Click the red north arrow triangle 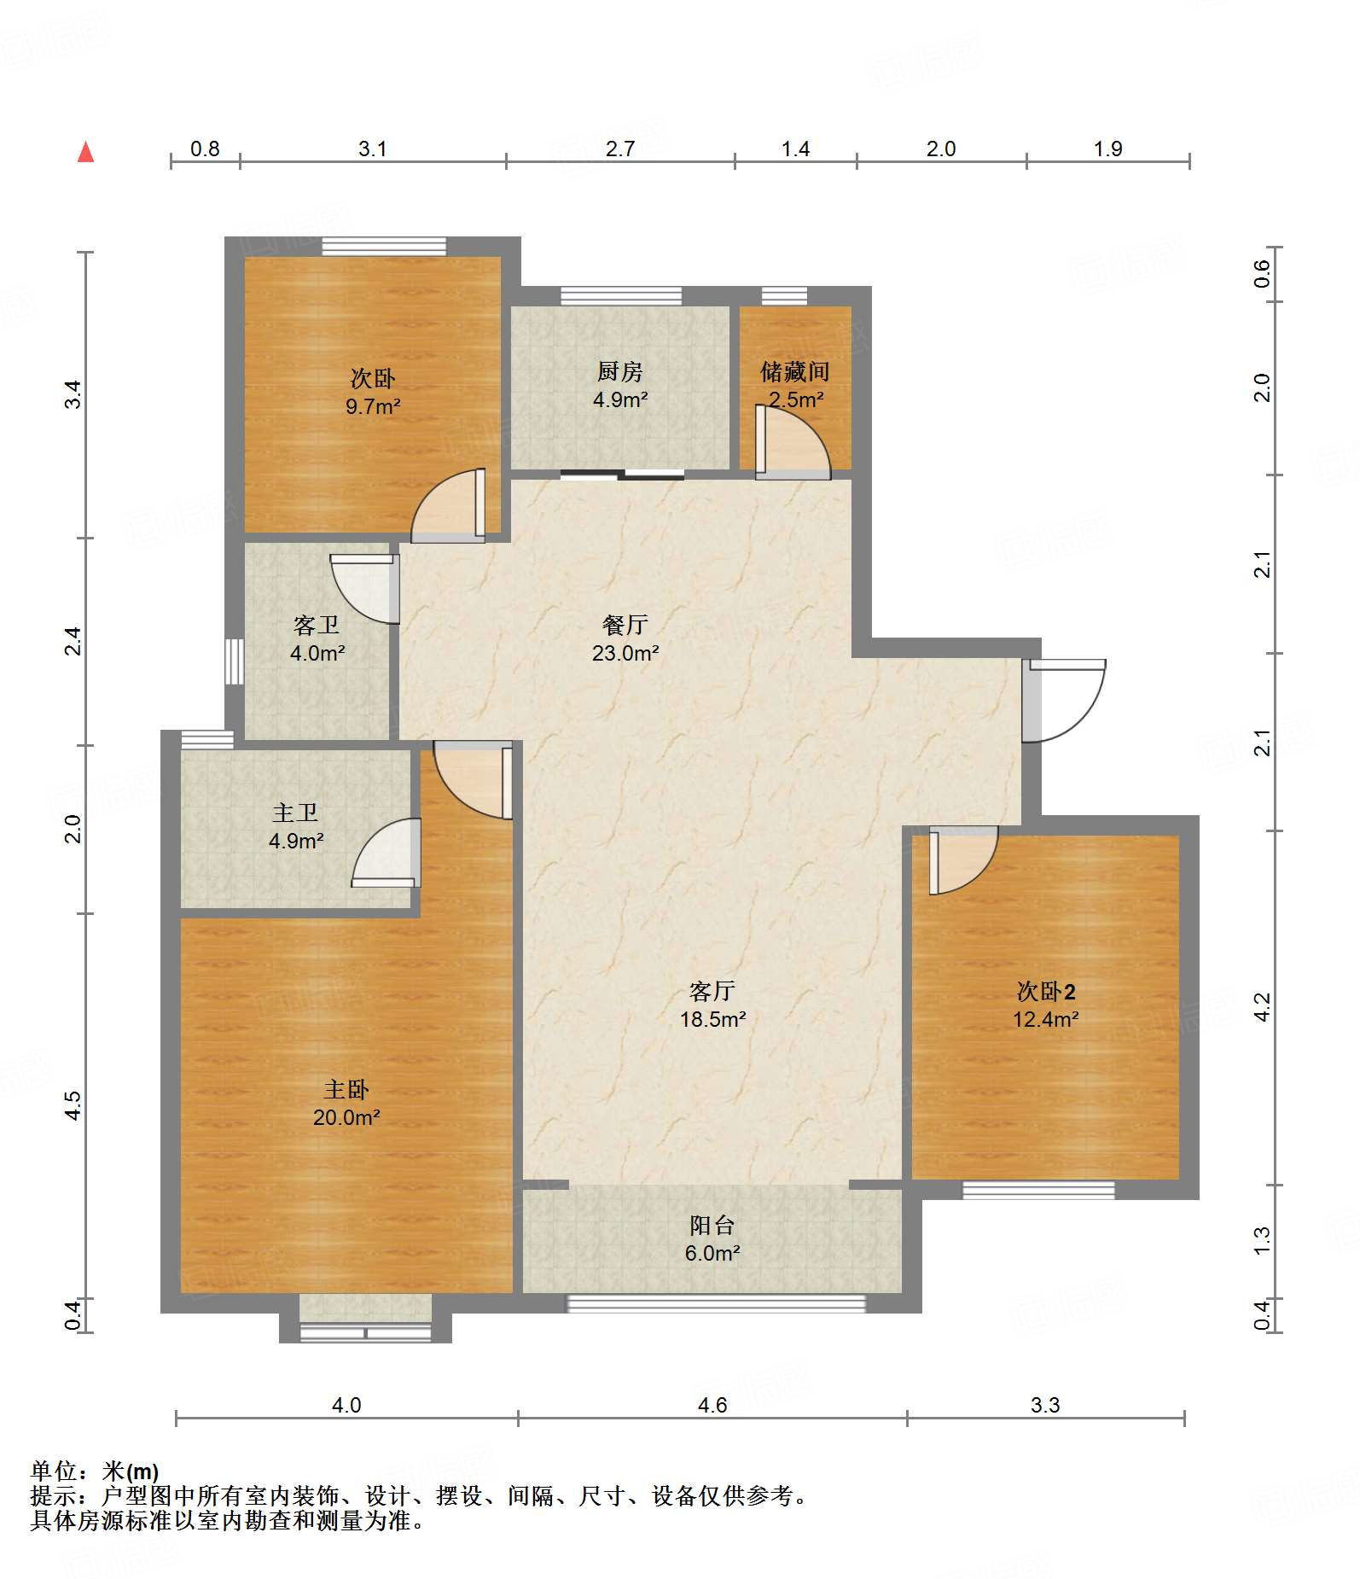85,152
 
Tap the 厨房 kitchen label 620,371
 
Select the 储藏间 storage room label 795,371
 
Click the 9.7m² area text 373,406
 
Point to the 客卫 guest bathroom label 317,626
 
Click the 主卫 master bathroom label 295,813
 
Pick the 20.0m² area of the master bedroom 346,1117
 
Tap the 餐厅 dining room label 625,625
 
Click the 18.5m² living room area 713,1019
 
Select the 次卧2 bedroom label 1046,991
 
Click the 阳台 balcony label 712,1226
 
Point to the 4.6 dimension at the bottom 712,1405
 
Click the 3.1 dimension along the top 373,149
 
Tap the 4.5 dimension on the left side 73,1106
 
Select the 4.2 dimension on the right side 1263,1007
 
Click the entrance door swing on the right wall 1066,701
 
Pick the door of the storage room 793,442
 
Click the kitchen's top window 621,296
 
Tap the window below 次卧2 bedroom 1038,1190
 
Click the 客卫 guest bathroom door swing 365,589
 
